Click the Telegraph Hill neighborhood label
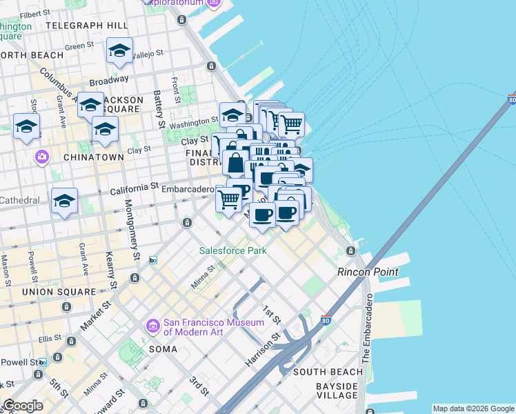coord(87,25)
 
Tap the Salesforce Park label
coord(233,250)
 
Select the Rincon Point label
coord(368,272)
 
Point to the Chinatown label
coord(95,157)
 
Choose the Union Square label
coord(58,292)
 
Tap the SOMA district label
coord(162,349)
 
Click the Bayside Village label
coord(337,390)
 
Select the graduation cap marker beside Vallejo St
coord(119,51)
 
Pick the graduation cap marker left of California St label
coord(64,200)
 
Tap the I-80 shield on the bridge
coord(511,100)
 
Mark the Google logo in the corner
coord(23,406)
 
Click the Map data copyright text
coord(473,408)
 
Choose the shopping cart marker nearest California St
coord(228,199)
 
